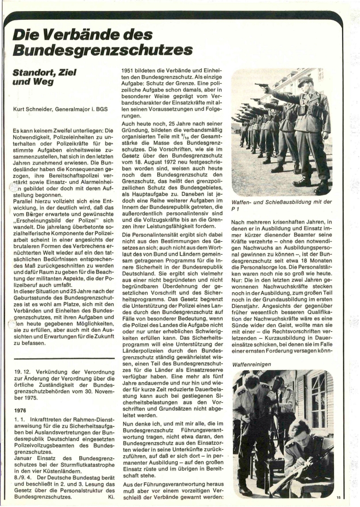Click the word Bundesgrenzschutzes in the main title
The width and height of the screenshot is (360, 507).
[x=102, y=49]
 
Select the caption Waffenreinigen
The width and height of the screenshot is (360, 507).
[x=252, y=364]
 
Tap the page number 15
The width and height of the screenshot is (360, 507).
[x=338, y=497]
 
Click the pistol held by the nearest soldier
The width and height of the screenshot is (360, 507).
[x=261, y=86]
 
